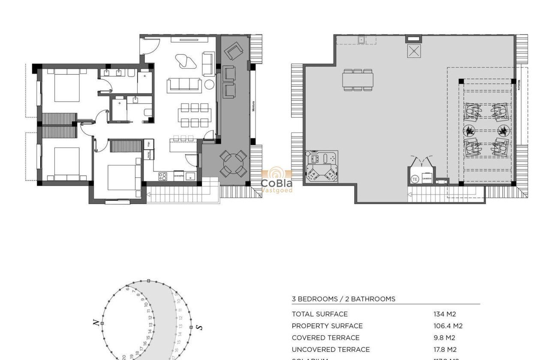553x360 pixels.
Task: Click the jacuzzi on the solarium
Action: pyautogui.click(x=322, y=167)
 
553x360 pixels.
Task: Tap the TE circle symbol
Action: pyautogui.click(x=415, y=179)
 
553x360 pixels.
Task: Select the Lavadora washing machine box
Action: pyautogui.click(x=427, y=178)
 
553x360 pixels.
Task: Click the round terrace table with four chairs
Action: pyautogui.click(x=234, y=163)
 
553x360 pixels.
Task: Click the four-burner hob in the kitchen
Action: pyautogui.click(x=163, y=176)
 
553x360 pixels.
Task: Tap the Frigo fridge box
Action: pyautogui.click(x=149, y=144)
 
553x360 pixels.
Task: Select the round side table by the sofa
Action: pyautogui.click(x=209, y=84)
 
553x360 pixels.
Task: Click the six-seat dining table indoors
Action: pyautogui.click(x=195, y=115)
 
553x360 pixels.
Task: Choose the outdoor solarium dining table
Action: pyautogui.click(x=358, y=80)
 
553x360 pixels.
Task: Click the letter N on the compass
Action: pyautogui.click(x=97, y=322)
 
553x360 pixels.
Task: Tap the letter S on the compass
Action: pyautogui.click(x=199, y=327)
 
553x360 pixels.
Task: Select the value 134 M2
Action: pyautogui.click(x=445, y=314)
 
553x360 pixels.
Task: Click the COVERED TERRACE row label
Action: pyautogui.click(x=326, y=338)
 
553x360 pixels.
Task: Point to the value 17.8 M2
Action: pyautogui.click(x=445, y=350)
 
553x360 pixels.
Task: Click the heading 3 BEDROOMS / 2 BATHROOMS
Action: pyautogui.click(x=343, y=299)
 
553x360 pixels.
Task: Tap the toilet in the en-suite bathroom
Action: pyautogui.click(x=148, y=114)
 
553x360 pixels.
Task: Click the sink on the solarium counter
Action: pyautogui.click(x=361, y=40)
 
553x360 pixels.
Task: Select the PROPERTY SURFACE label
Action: pyautogui.click(x=327, y=326)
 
